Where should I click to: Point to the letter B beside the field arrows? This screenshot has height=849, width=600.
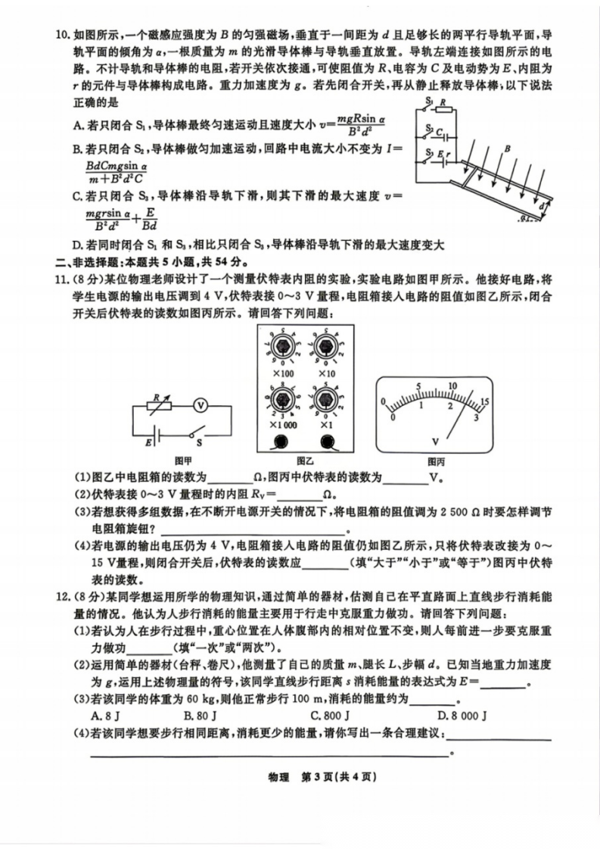coord(508,148)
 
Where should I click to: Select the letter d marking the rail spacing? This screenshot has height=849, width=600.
coord(543,204)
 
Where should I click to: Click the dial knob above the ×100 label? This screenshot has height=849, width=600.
coord(278,346)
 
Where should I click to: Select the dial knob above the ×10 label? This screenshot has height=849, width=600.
coord(327,346)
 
